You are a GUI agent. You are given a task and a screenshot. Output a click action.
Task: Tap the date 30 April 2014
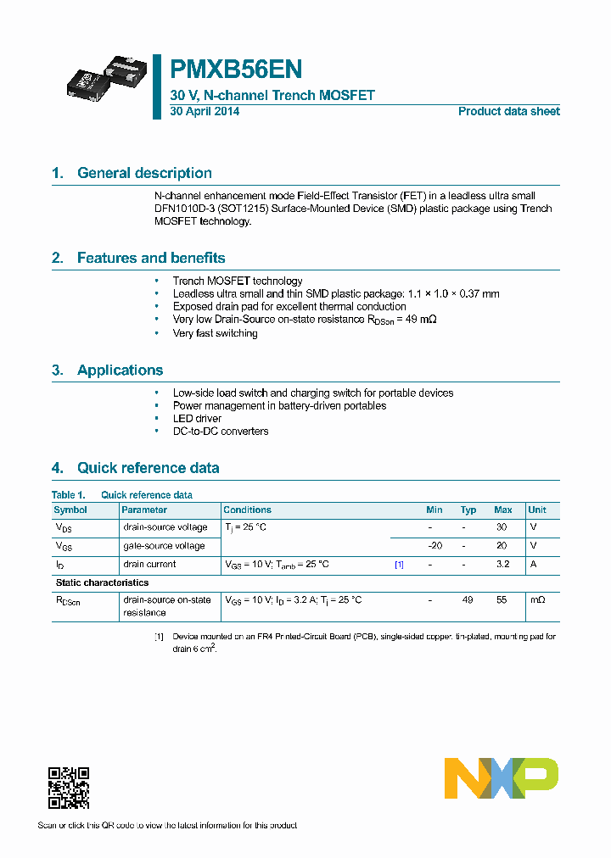click(205, 111)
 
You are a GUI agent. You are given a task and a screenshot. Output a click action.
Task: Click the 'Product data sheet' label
click(508, 111)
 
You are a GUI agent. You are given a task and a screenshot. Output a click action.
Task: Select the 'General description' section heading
click(144, 173)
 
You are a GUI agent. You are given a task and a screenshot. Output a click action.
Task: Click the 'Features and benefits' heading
click(151, 258)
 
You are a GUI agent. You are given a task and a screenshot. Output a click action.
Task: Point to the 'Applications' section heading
click(120, 370)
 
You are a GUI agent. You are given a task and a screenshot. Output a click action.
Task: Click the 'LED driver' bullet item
click(197, 418)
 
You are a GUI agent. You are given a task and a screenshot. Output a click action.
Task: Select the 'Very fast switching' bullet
click(215, 333)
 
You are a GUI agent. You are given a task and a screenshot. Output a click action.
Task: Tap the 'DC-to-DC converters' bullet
click(221, 431)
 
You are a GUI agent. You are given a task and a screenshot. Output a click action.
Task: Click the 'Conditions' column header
click(247, 510)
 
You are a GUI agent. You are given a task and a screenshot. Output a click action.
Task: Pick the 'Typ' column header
click(468, 510)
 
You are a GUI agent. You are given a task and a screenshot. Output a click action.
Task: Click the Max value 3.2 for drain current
click(502, 564)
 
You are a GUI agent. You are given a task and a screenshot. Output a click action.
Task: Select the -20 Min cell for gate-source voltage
click(434, 545)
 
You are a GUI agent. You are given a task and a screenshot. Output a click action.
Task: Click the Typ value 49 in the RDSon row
click(468, 599)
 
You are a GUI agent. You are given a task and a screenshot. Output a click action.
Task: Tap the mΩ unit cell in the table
click(538, 599)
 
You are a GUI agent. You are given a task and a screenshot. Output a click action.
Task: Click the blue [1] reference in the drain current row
click(399, 564)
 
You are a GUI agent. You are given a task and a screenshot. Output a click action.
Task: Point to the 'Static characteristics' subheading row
click(102, 582)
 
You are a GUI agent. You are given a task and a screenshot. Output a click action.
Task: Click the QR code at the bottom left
click(69, 788)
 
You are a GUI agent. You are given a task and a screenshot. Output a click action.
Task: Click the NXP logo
click(502, 778)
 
